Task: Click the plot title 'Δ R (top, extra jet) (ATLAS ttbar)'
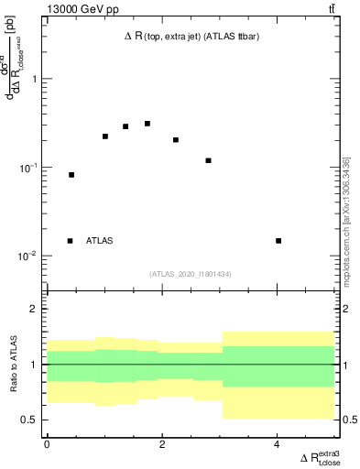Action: coord(189,38)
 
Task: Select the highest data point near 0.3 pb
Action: coord(147,124)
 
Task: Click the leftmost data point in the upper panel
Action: coord(71,175)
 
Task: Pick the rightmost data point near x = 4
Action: coord(278,241)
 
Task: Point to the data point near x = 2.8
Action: coord(209,161)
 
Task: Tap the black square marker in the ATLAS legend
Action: coord(70,241)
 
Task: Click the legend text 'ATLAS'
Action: coord(100,241)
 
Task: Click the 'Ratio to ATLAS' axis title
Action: coord(13,364)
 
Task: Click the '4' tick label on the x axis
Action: coord(278,445)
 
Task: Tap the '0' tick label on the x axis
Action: coord(47,445)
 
